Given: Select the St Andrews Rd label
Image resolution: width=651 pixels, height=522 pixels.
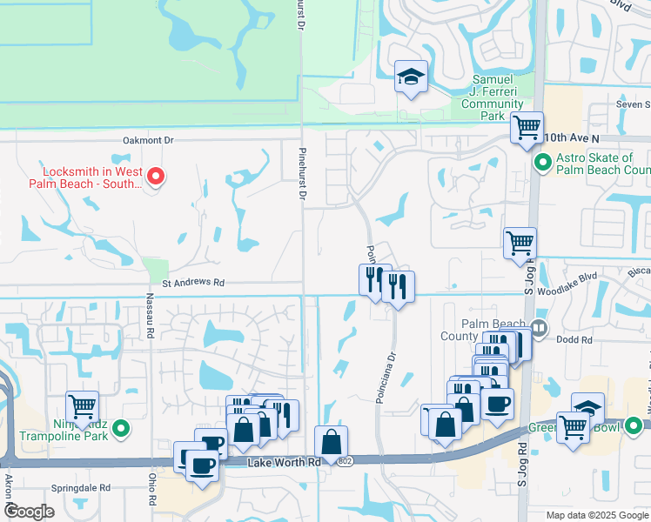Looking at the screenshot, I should point(193,283).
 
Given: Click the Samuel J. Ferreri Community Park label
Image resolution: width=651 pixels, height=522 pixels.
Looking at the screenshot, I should point(492,97).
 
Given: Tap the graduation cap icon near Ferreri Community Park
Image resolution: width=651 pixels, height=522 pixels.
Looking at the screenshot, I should point(409,77).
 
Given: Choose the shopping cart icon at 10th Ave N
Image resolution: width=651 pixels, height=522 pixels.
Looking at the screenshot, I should point(527,128).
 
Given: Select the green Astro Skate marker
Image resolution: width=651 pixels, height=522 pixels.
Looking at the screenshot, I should point(542,163).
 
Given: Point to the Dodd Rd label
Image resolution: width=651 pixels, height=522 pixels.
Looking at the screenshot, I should point(574,340).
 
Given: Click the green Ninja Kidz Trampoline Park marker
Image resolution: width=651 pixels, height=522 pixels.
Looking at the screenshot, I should point(122,428).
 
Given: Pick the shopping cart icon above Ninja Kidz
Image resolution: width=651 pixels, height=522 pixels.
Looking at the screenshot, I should point(82,406).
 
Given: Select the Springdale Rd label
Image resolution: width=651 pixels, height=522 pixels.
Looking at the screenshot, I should point(80,488).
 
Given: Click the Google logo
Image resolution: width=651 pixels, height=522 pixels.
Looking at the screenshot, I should point(29,512).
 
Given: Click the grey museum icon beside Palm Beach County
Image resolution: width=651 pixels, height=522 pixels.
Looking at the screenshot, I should point(539,329).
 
